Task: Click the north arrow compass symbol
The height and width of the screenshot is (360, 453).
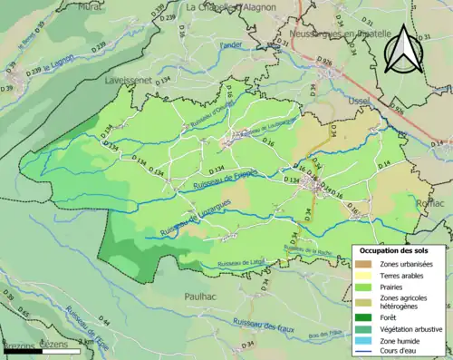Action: [404, 48]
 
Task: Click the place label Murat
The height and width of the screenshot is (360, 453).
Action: [90, 6]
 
